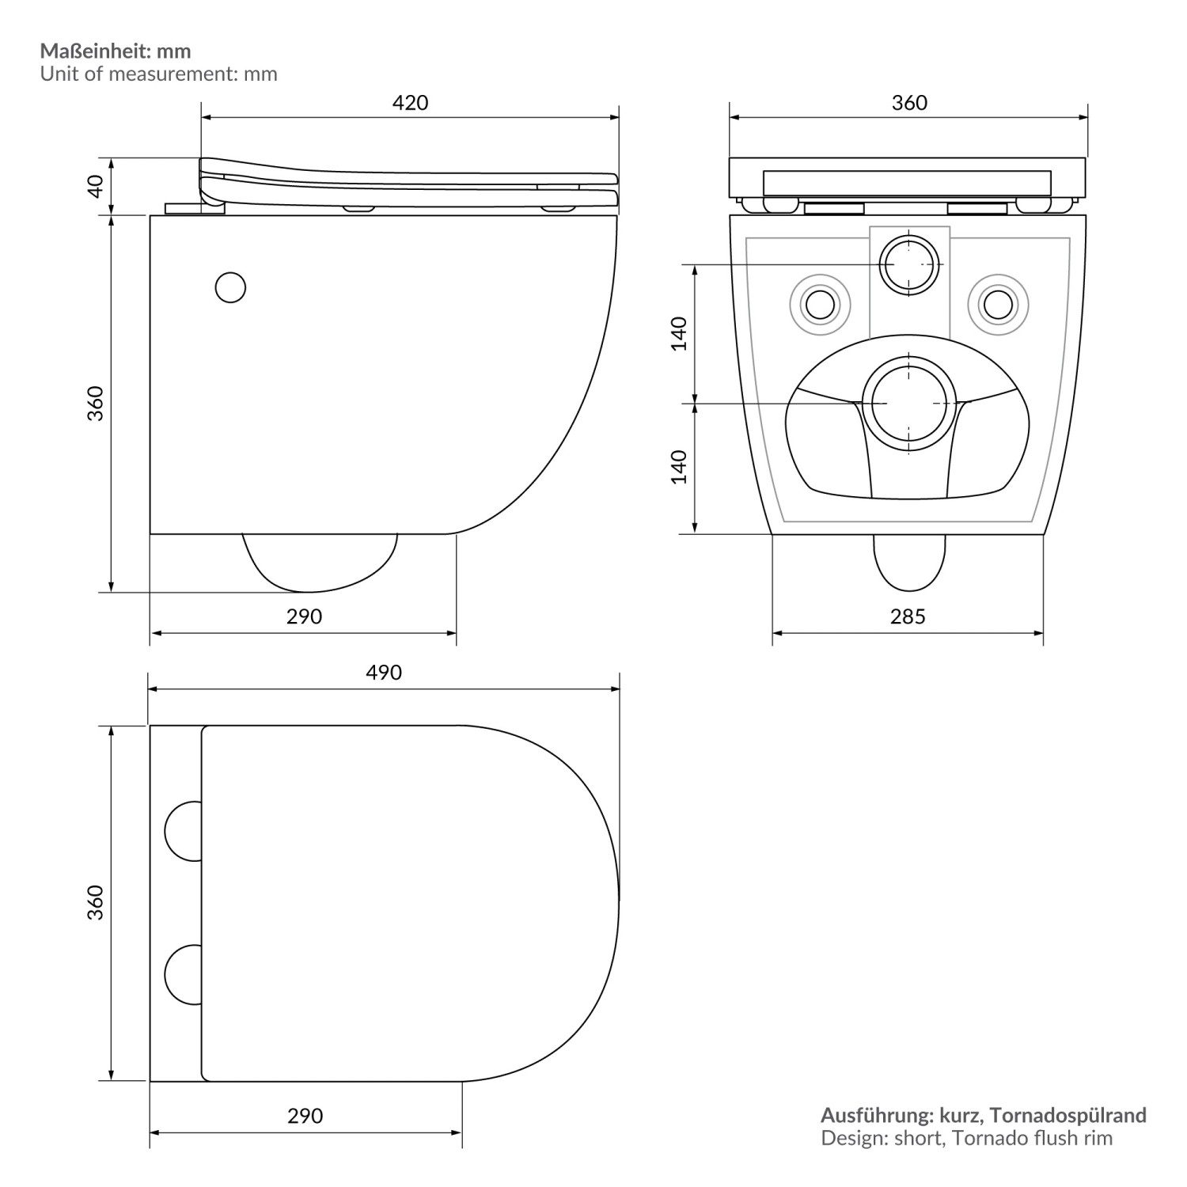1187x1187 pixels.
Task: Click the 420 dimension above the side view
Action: click(410, 103)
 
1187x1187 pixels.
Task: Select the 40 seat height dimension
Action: click(95, 186)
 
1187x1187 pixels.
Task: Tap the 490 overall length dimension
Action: click(384, 673)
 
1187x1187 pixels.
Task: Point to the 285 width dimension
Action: click(907, 616)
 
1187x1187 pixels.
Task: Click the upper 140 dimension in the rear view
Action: click(678, 333)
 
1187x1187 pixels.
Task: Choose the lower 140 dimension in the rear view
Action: click(678, 467)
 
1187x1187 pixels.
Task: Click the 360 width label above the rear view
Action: click(908, 103)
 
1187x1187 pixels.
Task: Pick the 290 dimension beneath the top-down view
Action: click(305, 1116)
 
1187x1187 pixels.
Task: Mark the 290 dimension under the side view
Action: click(304, 616)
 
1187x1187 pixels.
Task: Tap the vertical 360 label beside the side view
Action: click(95, 404)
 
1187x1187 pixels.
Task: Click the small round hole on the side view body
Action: click(230, 288)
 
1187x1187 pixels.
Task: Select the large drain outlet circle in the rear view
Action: click(908, 404)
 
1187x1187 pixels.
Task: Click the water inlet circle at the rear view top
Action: click(908, 264)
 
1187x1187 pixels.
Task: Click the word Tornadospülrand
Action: click(1068, 1116)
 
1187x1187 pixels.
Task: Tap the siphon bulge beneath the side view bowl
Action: click(318, 562)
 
